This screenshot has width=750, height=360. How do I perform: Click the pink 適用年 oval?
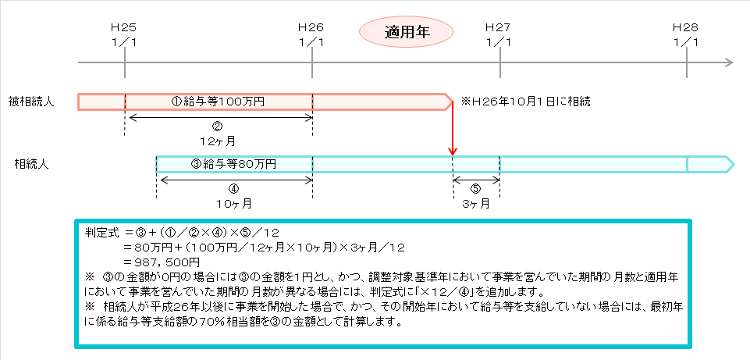click(406, 33)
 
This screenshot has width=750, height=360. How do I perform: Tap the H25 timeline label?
click(124, 34)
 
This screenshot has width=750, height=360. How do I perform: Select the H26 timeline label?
click(311, 34)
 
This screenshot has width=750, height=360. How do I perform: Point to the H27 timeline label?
click(499, 34)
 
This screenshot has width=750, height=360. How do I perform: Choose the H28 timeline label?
click(686, 34)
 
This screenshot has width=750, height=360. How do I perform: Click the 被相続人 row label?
click(31, 102)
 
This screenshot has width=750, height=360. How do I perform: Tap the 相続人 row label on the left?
click(31, 164)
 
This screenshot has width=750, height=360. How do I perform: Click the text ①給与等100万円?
click(218, 102)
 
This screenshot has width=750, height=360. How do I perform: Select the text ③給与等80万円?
click(233, 164)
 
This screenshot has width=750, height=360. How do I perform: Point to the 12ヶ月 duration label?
click(218, 141)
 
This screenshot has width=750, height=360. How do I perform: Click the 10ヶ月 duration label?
click(234, 204)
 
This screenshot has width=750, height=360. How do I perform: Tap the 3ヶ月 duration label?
click(476, 204)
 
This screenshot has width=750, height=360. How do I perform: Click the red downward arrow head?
click(452, 151)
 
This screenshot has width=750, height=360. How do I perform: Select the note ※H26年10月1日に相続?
click(526, 102)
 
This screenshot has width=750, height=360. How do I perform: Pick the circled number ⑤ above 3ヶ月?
click(476, 189)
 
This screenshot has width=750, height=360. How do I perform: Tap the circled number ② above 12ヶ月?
click(218, 127)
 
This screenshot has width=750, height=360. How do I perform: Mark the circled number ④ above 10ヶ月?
click(234, 189)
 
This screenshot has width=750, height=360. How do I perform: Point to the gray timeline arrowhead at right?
click(729, 62)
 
